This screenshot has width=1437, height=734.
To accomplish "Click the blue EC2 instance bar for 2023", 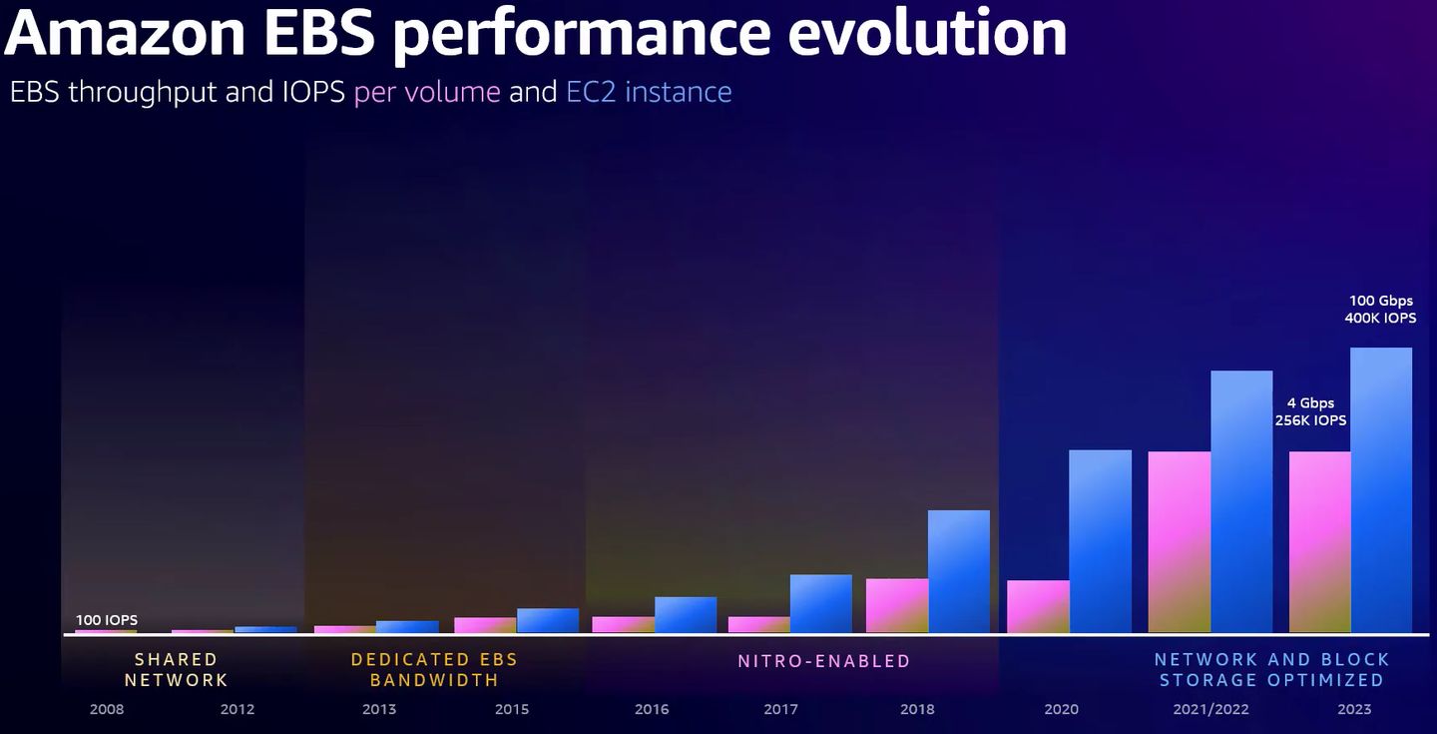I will pos(1381,489).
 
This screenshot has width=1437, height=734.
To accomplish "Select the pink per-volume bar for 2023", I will pos(1319,541).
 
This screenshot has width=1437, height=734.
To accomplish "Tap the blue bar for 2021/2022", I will pos(1241,501).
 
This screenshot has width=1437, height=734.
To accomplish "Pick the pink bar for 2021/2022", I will pos(1179,541).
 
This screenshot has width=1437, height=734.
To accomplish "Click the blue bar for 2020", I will pos(1100,540).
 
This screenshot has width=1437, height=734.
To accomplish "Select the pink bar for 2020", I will pos(1038,606).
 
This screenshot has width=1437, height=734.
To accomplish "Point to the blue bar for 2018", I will pos(958,571).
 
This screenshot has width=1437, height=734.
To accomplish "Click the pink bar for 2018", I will pos(896,605).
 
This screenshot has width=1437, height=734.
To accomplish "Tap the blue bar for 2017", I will pos(820,603).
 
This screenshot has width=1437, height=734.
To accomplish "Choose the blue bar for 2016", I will pos(686,614).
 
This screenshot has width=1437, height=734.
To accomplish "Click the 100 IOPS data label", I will pos(107,620).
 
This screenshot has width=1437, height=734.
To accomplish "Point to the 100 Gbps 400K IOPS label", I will pos(1380,310).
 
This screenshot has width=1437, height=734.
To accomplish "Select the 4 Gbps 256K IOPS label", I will pos(1310,411).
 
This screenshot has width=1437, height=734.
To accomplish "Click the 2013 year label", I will pos(379,709).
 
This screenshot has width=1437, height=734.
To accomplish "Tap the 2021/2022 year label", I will pos(1211,709).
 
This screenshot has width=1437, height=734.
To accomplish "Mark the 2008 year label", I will pos(107,709).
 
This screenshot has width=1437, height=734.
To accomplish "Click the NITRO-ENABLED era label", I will pos(824,661).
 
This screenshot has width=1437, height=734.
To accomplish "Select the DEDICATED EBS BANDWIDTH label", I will pos(434,670).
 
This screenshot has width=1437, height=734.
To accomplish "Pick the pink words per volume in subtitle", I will pos(427,92).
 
